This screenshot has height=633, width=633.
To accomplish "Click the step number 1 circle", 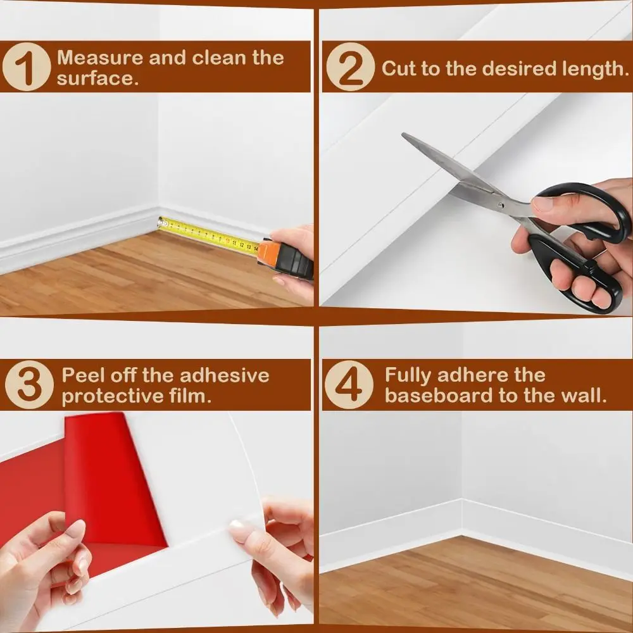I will pyautogui.click(x=26, y=67).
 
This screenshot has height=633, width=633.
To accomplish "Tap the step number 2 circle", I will pyautogui.click(x=350, y=67).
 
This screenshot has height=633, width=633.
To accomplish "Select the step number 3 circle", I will pyautogui.click(x=28, y=385).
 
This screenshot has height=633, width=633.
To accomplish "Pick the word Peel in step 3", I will pyautogui.click(x=83, y=375).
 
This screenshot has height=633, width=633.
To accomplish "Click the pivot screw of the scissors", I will pyautogui.click(x=500, y=204).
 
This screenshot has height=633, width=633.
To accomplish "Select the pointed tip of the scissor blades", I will pyautogui.click(x=405, y=136).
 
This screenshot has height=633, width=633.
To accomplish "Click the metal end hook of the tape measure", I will pyautogui.click(x=161, y=222).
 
